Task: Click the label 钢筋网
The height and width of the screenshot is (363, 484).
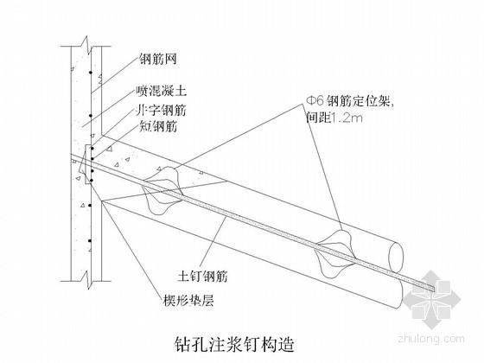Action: pyautogui.click(x=157, y=59)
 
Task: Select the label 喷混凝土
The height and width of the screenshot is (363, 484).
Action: pyautogui.click(x=161, y=91)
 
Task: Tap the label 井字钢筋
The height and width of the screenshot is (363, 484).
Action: pyautogui.click(x=161, y=111)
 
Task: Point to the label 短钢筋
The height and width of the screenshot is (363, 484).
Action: pyautogui.click(x=157, y=126)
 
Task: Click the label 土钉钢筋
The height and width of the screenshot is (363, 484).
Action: pyautogui.click(x=202, y=276)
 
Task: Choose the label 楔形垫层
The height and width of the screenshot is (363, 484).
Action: pyautogui.click(x=188, y=299)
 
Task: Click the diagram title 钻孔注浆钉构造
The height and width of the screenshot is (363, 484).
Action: pyautogui.click(x=234, y=344)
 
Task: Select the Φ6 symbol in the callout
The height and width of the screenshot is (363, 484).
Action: pyautogui.click(x=315, y=100)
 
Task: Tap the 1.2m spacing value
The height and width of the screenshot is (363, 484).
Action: pyautogui.click(x=347, y=118)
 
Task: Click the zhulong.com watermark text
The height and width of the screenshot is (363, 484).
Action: pyautogui.click(x=431, y=338)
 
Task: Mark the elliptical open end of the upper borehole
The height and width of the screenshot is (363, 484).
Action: pyautogui.click(x=396, y=257)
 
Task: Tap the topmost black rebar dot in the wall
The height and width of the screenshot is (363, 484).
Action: pyautogui.click(x=91, y=73)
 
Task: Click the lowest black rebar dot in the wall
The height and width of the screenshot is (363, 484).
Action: pyautogui.click(x=90, y=241)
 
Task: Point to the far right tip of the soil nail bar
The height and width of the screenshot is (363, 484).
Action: pyautogui.click(x=434, y=290)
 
